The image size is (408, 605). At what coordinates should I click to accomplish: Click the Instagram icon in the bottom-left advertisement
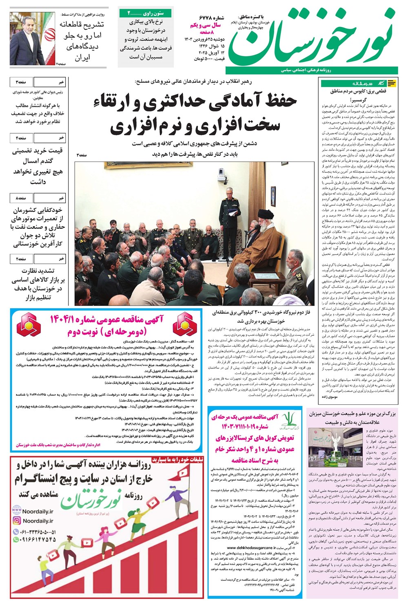pos(17,521)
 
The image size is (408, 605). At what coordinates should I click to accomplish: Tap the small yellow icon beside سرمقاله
pos(392,83)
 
